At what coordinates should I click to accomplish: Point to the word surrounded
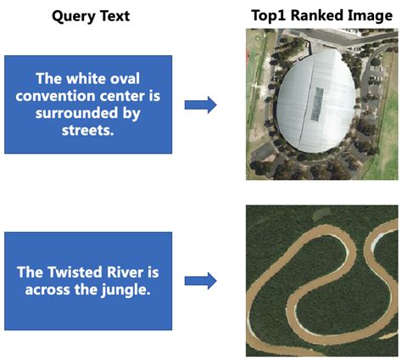click(89, 111)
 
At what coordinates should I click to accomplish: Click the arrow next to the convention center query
click(200, 104)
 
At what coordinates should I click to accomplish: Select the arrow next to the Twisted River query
click(200, 279)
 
